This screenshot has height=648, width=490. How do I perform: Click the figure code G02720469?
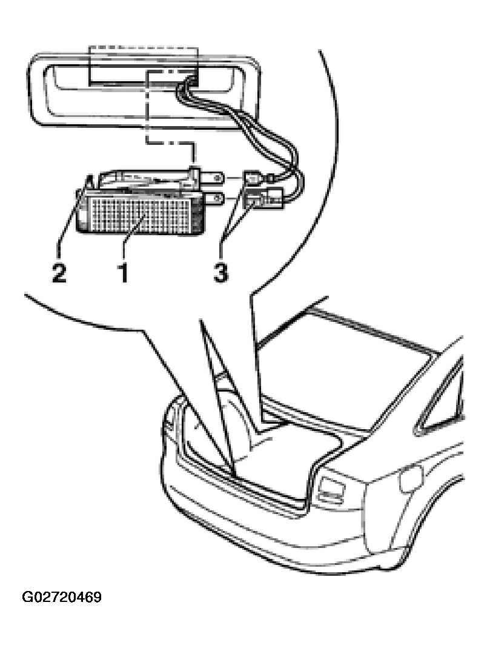pos(62,597)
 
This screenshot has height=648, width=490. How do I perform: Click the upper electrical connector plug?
pos(254,179)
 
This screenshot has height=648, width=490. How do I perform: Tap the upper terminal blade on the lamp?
pos(212,178)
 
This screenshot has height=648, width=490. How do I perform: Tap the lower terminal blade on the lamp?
pos(212,199)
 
